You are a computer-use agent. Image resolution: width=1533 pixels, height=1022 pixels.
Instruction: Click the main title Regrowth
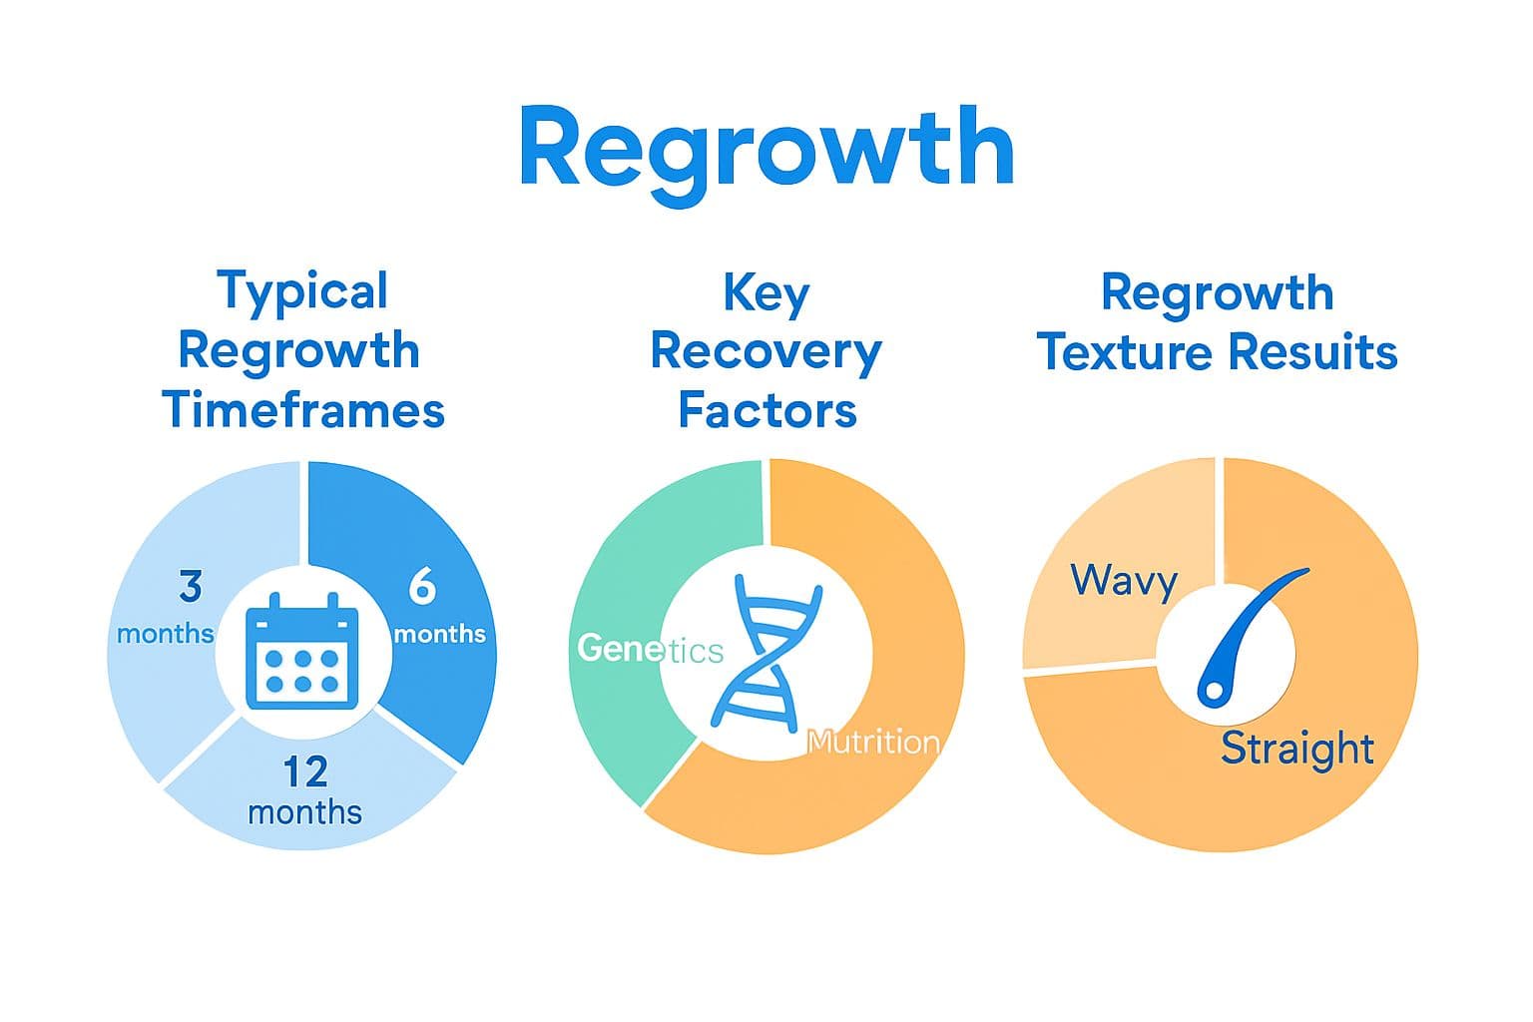pos(766,150)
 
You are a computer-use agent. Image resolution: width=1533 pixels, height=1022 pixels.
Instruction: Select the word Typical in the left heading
pos(302,291)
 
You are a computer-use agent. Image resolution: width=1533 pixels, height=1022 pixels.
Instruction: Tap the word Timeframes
pos(302,410)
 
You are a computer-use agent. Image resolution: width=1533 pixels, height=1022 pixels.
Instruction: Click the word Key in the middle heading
pos(766,293)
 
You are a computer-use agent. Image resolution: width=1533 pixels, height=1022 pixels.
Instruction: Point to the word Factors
pos(766,410)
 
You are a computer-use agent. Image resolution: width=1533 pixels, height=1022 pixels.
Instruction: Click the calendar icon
pos(301,652)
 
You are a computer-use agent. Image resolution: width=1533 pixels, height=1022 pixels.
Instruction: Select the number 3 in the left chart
pos(191,587)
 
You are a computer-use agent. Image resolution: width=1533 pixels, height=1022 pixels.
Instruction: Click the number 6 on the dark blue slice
pos(422,587)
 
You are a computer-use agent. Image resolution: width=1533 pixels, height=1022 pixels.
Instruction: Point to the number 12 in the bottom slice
pos(304,771)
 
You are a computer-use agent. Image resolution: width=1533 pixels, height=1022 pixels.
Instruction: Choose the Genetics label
pos(650,649)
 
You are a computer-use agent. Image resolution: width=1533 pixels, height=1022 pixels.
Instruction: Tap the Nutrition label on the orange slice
pos(873,742)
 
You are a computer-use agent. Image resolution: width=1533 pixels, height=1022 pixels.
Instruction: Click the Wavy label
pos(1124,580)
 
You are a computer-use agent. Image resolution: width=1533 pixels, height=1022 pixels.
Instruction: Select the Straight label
pos(1297,748)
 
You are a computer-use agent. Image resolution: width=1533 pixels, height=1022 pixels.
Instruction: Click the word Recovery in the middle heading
pos(766,351)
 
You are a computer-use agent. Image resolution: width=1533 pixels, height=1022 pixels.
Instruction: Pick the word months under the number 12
pos(304,811)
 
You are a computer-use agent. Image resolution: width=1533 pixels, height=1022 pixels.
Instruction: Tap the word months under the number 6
pos(439,634)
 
